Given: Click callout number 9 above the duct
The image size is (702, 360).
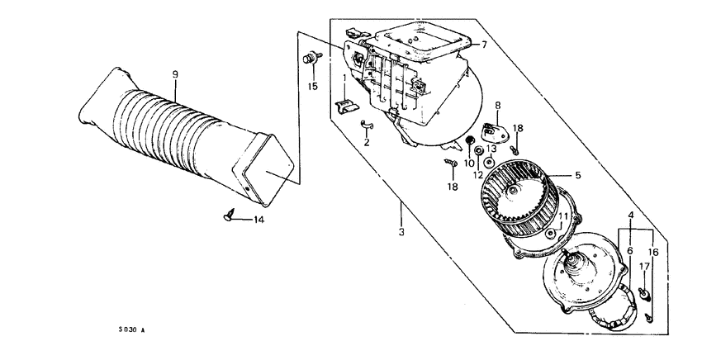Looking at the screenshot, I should pos(175,74).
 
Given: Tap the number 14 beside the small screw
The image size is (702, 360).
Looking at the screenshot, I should pos(259,220).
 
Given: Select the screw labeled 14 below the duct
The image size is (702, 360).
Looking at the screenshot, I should pos(230,216).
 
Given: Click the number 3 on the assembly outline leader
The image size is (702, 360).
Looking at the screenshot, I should pos(401,233).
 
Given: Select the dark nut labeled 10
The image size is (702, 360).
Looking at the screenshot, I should pos(470,144).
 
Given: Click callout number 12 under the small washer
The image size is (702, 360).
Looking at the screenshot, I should pos(478,175).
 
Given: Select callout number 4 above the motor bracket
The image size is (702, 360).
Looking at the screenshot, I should pos(631,216).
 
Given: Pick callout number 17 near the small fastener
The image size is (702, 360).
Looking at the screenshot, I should pos(643,266).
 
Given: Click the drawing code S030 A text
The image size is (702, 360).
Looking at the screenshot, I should pos(131,330).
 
